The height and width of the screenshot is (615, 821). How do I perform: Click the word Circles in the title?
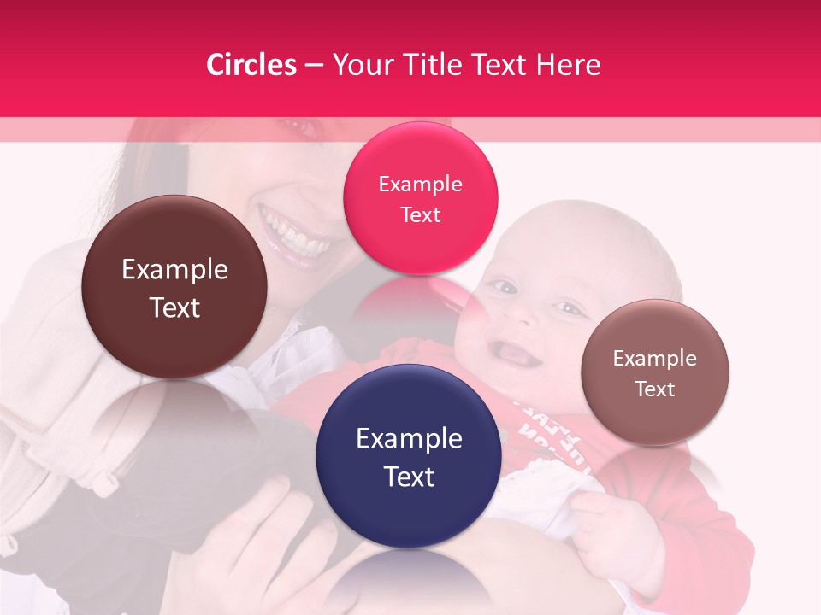point(251,65)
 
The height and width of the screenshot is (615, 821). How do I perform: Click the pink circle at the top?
point(420,198)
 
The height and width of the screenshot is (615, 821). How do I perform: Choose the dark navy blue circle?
point(409,456)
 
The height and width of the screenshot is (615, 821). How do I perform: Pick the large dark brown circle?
point(174,287)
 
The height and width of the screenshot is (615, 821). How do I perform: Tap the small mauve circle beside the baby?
point(654,372)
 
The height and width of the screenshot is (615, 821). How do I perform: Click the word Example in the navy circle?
point(409,439)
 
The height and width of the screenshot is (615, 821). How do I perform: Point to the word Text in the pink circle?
point(420,214)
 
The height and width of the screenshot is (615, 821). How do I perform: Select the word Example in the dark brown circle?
point(174,270)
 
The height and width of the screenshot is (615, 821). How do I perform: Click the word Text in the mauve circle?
point(654,389)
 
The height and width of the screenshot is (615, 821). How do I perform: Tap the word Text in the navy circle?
point(409,477)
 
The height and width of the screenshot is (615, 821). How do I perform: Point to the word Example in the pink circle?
point(420,184)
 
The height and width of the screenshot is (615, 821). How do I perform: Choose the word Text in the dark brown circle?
point(174,307)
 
